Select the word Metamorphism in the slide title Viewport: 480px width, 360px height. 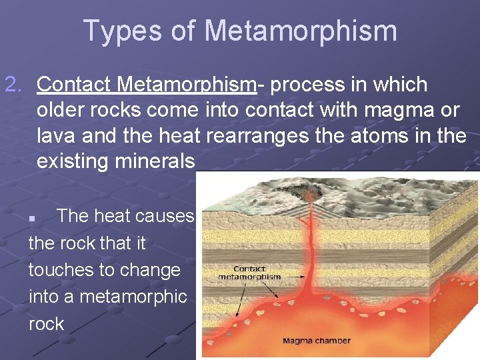(x=301, y=31)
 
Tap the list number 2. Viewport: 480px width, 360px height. (x=13, y=85)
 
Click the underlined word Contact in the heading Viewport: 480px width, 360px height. (x=74, y=85)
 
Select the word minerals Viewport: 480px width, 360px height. (x=155, y=161)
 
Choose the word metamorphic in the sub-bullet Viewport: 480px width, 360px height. (x=133, y=297)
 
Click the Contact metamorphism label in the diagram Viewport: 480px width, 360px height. (x=249, y=273)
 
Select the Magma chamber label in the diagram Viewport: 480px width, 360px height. (x=316, y=341)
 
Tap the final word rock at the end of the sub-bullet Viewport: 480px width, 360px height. (x=46, y=324)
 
